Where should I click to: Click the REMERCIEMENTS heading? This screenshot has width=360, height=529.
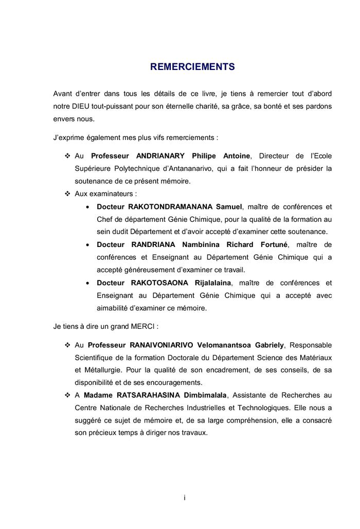point(192,67)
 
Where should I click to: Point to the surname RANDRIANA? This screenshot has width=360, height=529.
point(153,244)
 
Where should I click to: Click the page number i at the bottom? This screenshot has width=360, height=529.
point(184,497)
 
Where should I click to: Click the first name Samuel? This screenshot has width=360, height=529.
point(228,207)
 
